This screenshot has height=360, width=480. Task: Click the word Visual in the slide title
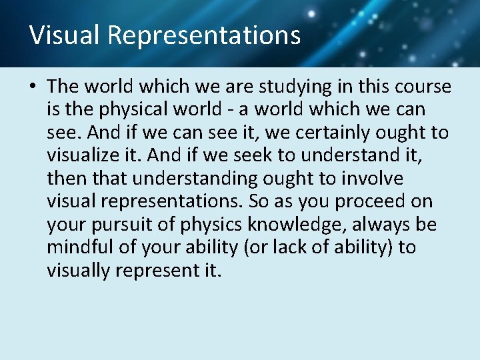coord(63,35)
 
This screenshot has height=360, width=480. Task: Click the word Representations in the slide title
coord(204,35)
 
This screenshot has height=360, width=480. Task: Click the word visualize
coord(82,155)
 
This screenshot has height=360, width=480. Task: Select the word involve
coord(379,178)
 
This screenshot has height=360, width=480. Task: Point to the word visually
coord(77,270)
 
